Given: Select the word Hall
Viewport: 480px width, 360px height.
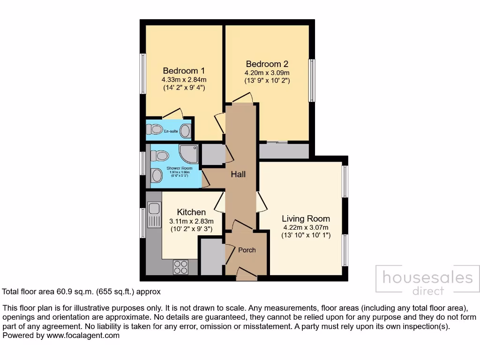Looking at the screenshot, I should [x=238, y=174].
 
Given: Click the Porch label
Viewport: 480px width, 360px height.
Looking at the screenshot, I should [x=247, y=250].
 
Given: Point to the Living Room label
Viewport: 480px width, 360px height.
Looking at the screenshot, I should [x=306, y=218].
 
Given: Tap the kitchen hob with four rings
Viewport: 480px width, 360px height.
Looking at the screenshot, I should [x=180, y=267].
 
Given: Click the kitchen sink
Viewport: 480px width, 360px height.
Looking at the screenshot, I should [x=153, y=215].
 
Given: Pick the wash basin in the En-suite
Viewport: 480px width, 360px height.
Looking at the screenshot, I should [x=186, y=131].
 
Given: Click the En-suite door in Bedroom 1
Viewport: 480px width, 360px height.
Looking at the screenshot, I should [x=173, y=113].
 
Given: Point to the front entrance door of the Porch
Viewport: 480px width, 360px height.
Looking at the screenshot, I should [x=247, y=273].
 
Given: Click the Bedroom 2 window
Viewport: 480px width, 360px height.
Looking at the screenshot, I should [x=311, y=80].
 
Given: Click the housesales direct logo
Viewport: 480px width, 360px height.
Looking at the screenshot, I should [x=427, y=281].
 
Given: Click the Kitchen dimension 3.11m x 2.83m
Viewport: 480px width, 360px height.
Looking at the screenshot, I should [x=191, y=221].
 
